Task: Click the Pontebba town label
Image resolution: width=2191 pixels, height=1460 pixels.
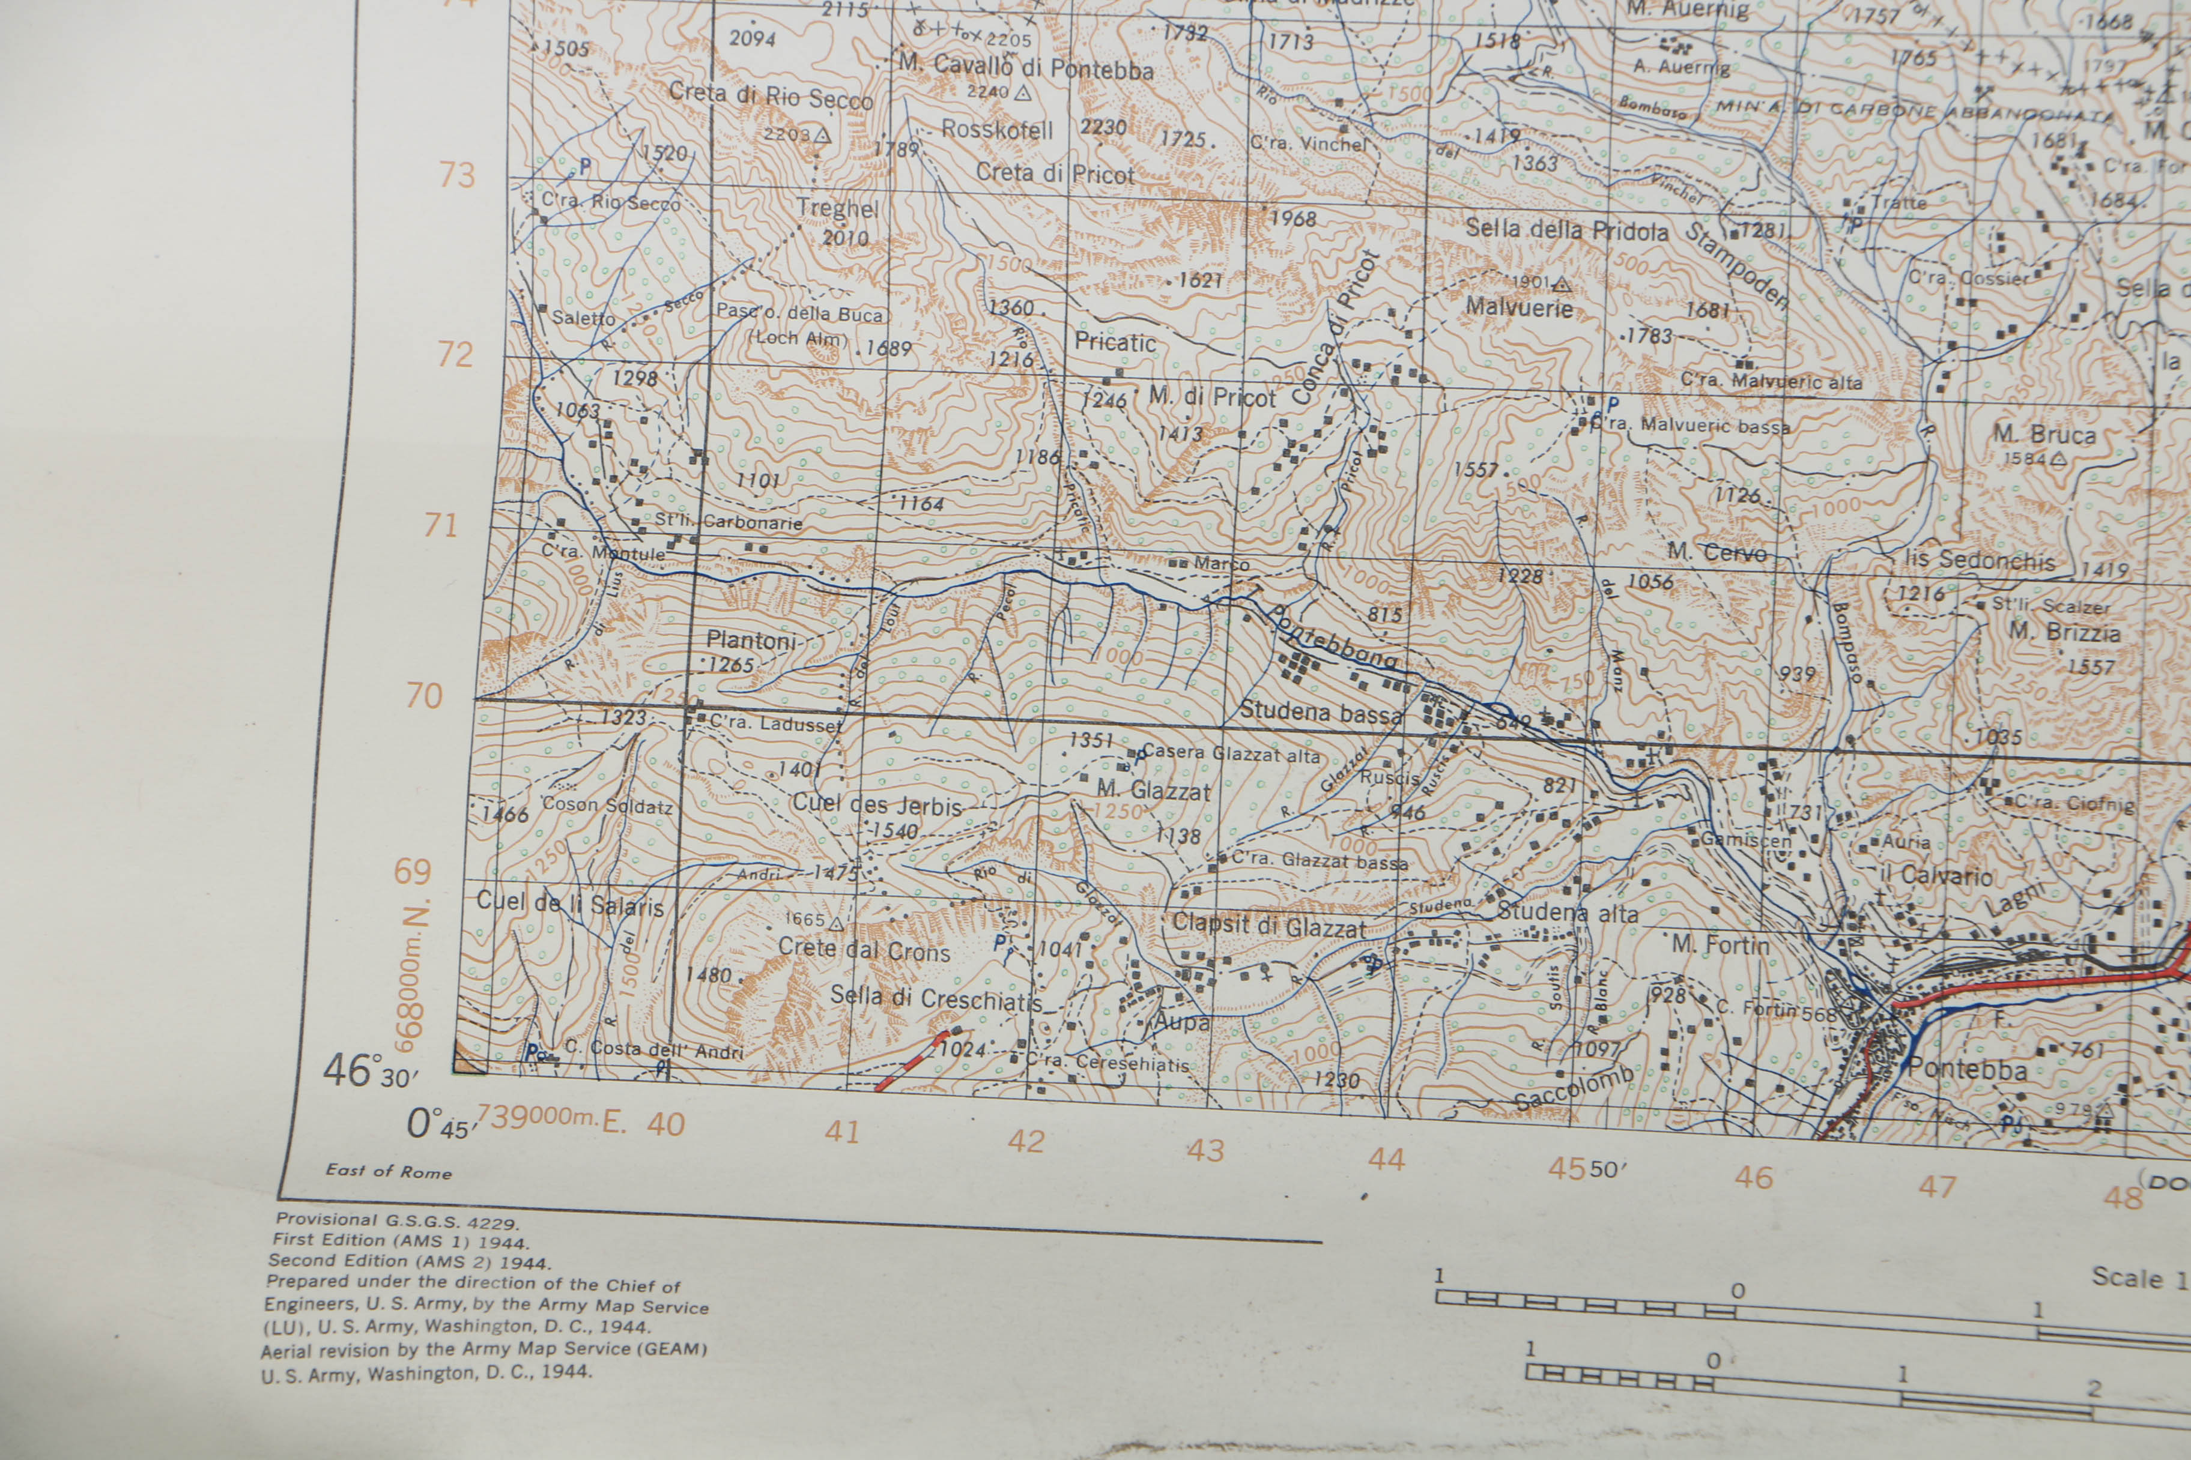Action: click(x=1966, y=1070)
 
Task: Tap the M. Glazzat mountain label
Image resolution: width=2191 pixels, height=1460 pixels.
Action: click(x=1153, y=791)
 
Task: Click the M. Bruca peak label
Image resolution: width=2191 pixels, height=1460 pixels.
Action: click(x=2044, y=435)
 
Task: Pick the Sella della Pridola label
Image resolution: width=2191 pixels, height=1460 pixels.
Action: click(x=1566, y=229)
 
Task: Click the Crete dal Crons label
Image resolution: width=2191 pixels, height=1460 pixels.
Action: click(x=864, y=950)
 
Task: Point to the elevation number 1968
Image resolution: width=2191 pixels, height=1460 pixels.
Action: click(x=1293, y=219)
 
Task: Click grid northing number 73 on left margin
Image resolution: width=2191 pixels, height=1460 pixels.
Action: click(x=456, y=174)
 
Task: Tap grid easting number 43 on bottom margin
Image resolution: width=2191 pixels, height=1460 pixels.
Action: click(x=1204, y=1150)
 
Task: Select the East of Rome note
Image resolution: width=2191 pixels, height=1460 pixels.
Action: click(x=389, y=1171)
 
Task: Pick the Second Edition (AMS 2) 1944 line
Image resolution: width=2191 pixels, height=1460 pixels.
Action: click(x=409, y=1262)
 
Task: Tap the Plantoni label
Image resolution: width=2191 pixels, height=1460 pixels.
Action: click(x=750, y=641)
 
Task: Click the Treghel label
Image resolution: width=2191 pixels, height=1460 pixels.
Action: click(x=837, y=208)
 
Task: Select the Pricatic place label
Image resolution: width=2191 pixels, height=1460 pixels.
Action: click(x=1115, y=343)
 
